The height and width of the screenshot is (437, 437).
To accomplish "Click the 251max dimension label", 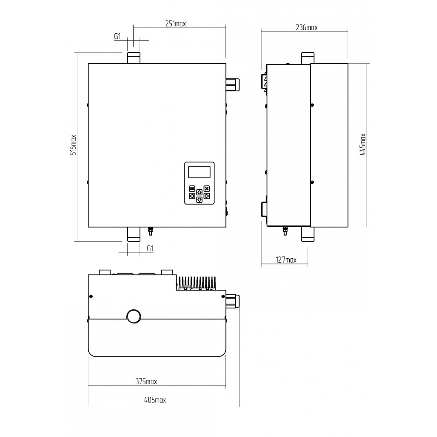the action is (175, 24).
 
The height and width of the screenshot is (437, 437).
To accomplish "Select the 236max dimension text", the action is (306, 28).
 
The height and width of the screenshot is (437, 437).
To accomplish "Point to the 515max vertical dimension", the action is (73, 145).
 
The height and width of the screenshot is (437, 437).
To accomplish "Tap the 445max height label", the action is (363, 144).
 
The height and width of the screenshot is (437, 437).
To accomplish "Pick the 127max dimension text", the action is (286, 260).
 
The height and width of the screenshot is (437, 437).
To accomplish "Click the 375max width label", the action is (146, 381).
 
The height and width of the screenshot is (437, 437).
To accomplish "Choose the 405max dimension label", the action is (155, 400).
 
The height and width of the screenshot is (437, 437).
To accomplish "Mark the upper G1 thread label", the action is (118, 36).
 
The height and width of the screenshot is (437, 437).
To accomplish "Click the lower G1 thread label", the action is (150, 248).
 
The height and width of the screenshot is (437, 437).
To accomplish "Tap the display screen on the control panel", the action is (199, 172).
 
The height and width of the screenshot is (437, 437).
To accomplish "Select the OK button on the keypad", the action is (192, 188).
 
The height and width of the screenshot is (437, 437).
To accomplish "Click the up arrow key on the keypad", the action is (199, 192).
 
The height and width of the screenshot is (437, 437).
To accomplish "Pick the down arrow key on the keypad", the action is (199, 200).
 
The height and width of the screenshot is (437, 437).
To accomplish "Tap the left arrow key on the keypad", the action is (192, 196).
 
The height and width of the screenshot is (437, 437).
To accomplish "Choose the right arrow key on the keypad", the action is (207, 196).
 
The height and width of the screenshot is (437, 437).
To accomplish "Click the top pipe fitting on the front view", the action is (134, 58).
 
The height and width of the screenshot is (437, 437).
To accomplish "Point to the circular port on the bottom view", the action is (134, 316).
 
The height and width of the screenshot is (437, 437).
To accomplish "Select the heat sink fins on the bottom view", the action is (197, 283).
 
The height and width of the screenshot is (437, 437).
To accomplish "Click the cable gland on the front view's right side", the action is (233, 84).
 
